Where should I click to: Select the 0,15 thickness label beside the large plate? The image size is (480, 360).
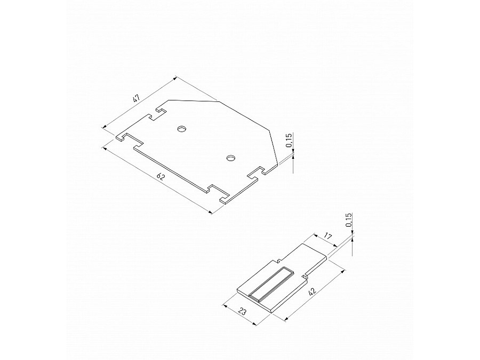pyautogui.click(x=289, y=140)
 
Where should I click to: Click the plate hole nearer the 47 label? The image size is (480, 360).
pyautogui.click(x=182, y=129)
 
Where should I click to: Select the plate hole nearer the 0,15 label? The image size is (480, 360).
pyautogui.click(x=230, y=158)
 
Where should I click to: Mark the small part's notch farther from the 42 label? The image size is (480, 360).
pyautogui.click(x=278, y=261)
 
